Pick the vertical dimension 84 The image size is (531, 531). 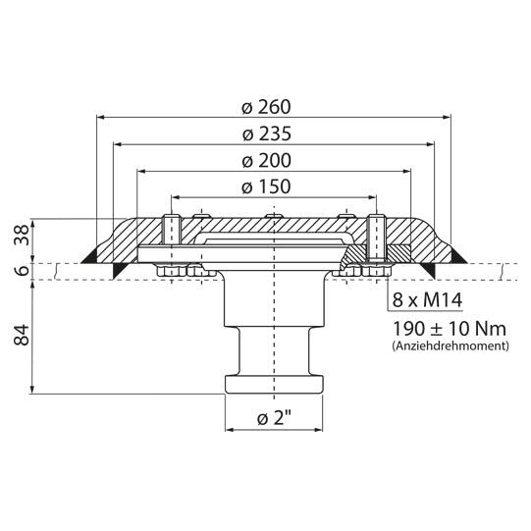tap(20, 339)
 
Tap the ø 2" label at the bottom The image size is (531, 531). tap(275, 420)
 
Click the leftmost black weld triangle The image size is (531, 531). tap(89, 256)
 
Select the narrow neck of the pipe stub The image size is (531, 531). tap(275, 348)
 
